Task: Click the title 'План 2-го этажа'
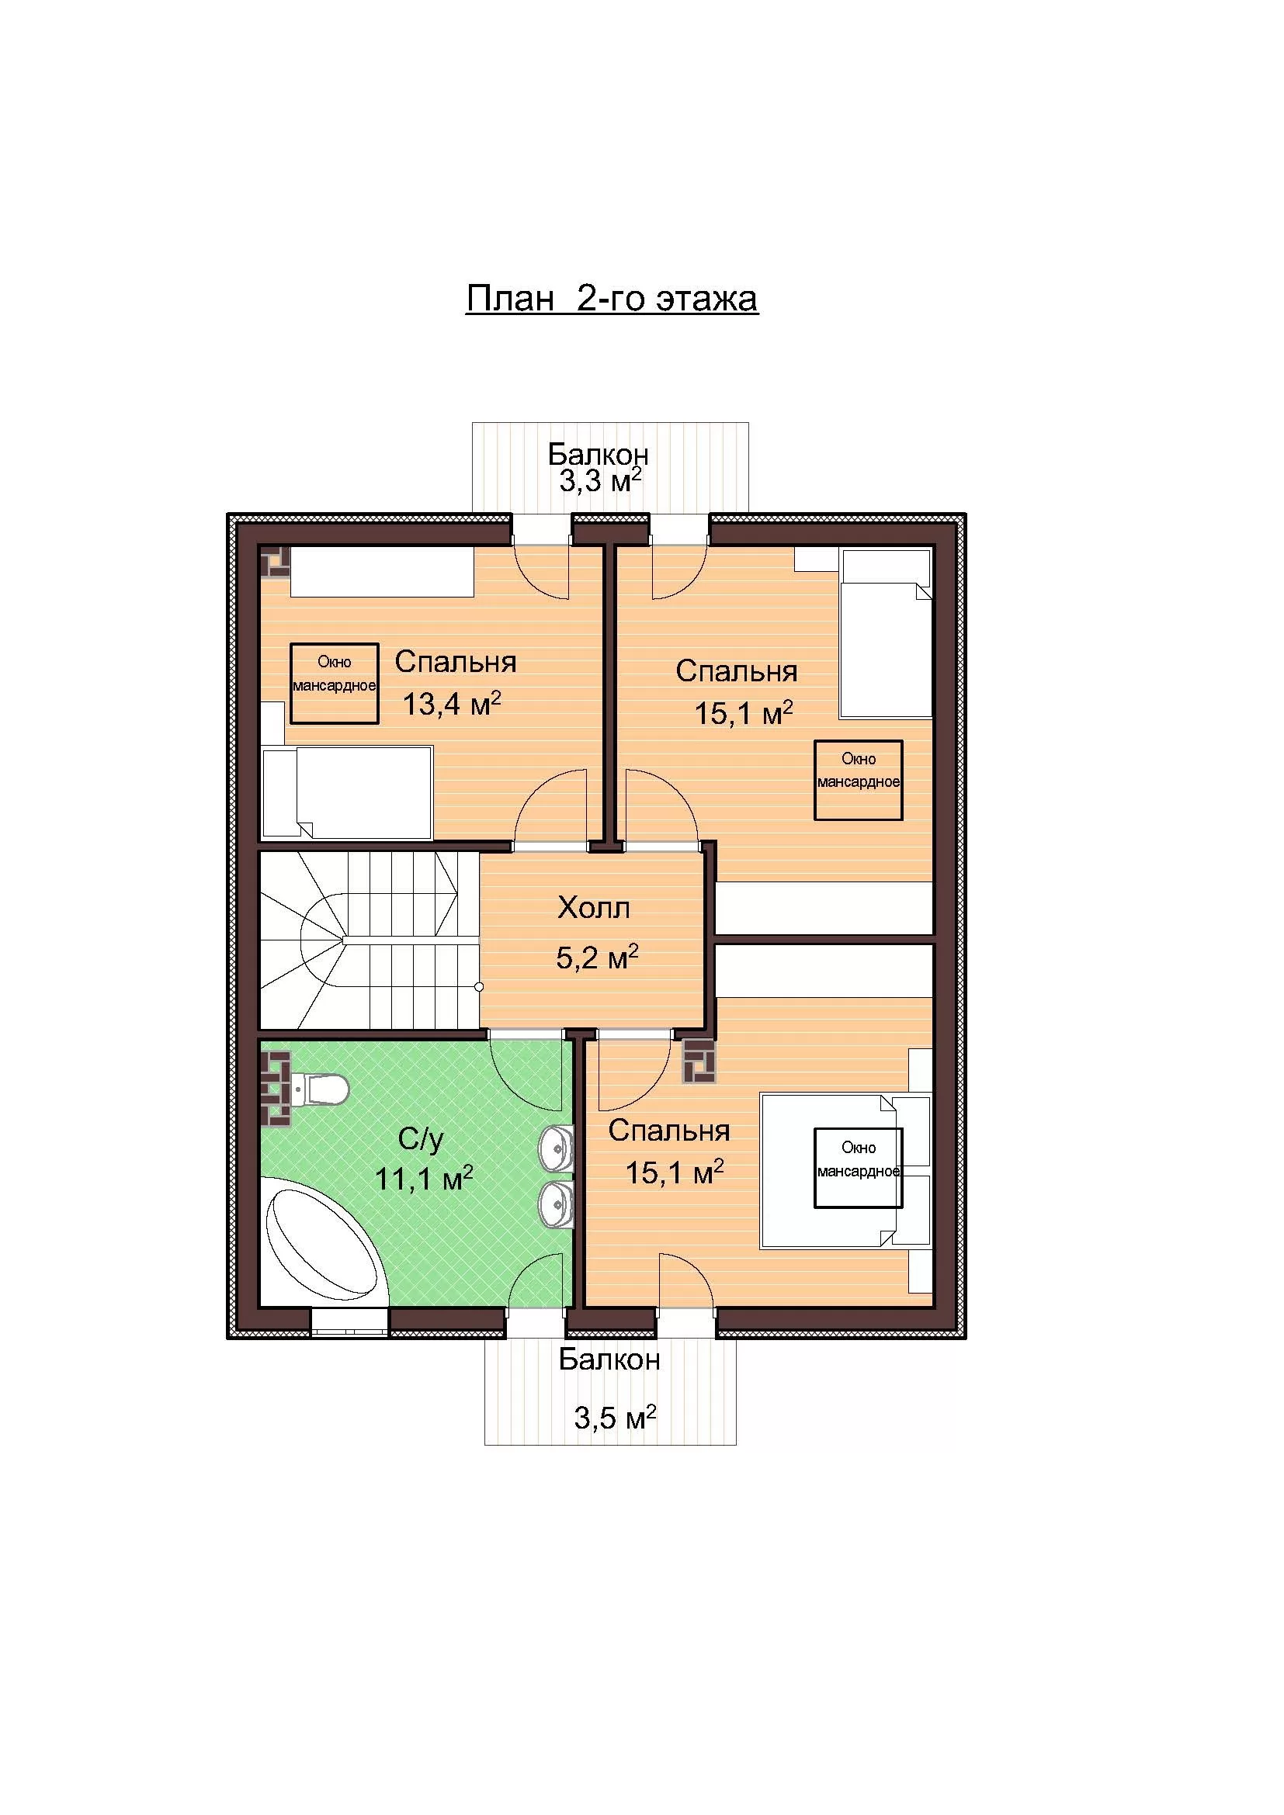tap(612, 299)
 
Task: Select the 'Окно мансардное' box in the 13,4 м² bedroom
tap(335, 684)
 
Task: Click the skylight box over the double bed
tap(859, 1168)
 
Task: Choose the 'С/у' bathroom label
tap(421, 1139)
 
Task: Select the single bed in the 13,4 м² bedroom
tap(347, 791)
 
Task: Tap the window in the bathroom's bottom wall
tap(349, 1321)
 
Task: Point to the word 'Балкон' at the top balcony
tap(599, 455)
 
